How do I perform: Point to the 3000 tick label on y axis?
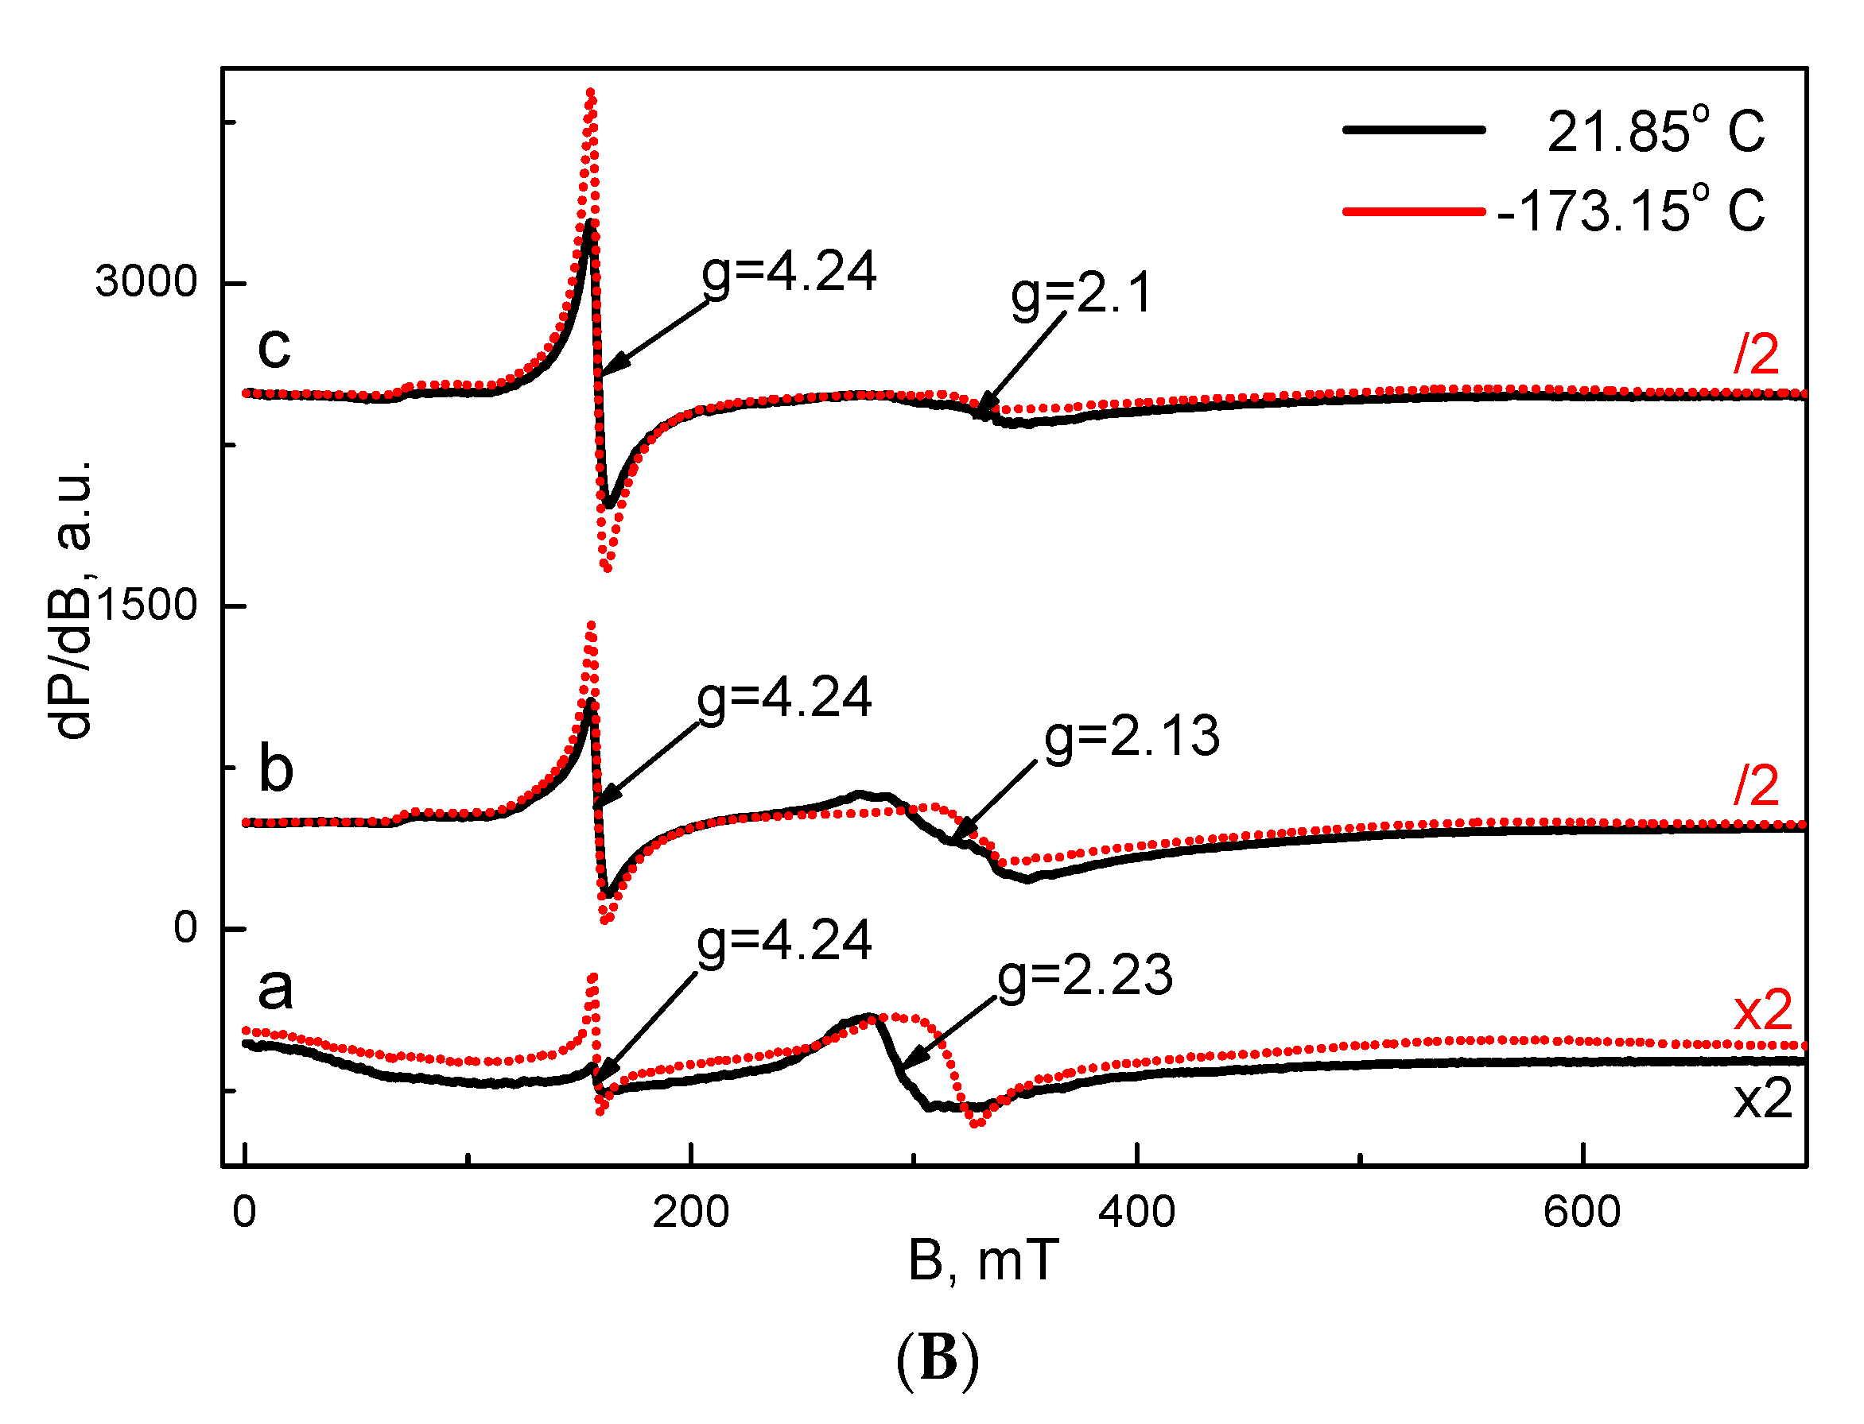[x=146, y=281]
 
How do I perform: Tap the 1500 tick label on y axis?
[x=146, y=606]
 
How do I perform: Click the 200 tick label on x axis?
[x=690, y=1212]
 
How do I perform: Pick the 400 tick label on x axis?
[x=1136, y=1212]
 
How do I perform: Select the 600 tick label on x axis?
[x=1582, y=1212]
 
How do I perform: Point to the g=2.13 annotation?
[x=1132, y=737]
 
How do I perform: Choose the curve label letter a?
[x=275, y=989]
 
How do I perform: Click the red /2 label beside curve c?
[x=1755, y=354]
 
